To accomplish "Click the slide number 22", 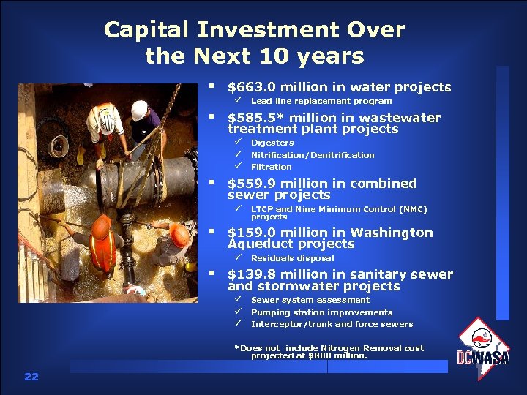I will [x=31, y=377].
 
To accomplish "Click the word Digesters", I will [x=272, y=143].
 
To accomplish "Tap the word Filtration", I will [x=271, y=167].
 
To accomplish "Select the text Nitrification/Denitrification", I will [x=312, y=155].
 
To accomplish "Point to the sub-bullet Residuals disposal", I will [x=292, y=258].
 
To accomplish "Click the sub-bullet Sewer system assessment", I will [x=310, y=300].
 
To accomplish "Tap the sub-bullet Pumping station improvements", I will [x=321, y=312].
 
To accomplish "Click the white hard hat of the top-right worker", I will [x=139, y=110].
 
